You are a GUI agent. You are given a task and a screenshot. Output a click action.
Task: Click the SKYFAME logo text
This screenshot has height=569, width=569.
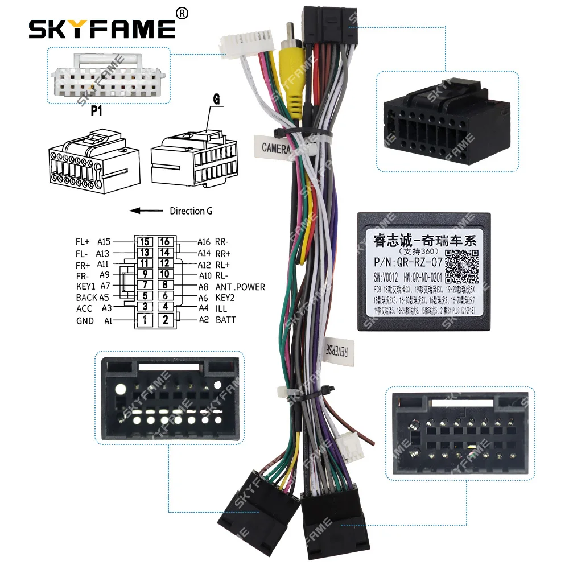(102, 28)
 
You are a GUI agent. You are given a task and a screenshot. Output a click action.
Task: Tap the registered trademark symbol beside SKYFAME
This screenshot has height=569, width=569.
(183, 13)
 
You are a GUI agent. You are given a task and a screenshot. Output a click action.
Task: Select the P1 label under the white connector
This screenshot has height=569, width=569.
(97, 111)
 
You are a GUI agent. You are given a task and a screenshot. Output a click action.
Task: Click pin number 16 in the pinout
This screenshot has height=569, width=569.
(165, 242)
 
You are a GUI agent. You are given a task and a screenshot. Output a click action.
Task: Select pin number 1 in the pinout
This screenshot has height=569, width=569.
(145, 320)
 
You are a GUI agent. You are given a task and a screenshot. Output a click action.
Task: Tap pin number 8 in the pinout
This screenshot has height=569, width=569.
(165, 286)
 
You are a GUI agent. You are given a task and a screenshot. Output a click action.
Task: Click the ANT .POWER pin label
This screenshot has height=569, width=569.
(240, 287)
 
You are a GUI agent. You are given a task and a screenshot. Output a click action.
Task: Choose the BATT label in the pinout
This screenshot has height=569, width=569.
(225, 320)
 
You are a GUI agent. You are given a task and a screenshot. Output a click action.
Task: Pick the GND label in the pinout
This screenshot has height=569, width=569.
(85, 321)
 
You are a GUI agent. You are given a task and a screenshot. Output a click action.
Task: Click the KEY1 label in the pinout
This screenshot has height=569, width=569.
(86, 286)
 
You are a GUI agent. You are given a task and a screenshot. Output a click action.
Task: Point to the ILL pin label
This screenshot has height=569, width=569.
(221, 308)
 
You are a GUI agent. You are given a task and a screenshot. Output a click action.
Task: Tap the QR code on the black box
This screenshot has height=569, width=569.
(460, 266)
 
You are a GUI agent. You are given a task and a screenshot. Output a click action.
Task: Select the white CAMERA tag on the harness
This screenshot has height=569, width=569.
(276, 148)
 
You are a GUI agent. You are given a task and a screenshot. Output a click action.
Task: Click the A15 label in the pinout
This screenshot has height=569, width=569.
(104, 242)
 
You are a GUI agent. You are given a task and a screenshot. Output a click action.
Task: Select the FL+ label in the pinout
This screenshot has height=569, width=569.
(83, 242)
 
